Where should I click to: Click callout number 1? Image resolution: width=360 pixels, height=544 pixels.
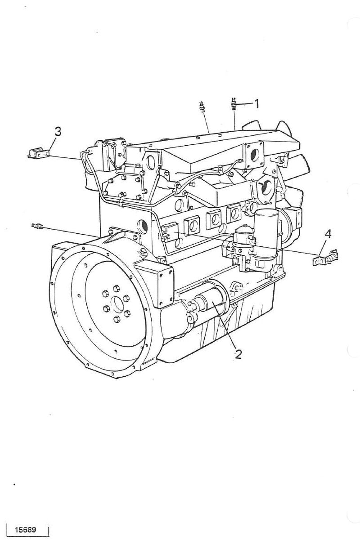tap(256, 104)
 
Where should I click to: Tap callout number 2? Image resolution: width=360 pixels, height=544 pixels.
tap(238, 354)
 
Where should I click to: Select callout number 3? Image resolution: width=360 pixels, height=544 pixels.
tap(58, 132)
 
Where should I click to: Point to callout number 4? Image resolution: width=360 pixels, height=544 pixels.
tap(328, 234)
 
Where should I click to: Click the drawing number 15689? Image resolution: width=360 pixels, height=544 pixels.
tap(25, 529)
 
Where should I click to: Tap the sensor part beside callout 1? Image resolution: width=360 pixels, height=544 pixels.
tap(234, 104)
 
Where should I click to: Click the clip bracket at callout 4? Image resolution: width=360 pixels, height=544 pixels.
tap(325, 258)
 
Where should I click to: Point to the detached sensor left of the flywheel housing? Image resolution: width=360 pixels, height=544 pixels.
tap(37, 226)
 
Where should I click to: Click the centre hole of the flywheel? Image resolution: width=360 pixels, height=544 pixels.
tap(117, 304)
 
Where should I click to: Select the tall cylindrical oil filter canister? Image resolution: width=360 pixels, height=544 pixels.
tap(265, 233)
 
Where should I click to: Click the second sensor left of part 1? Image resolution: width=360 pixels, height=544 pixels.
tap(202, 107)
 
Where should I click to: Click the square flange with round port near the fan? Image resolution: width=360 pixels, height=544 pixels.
tap(255, 155)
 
